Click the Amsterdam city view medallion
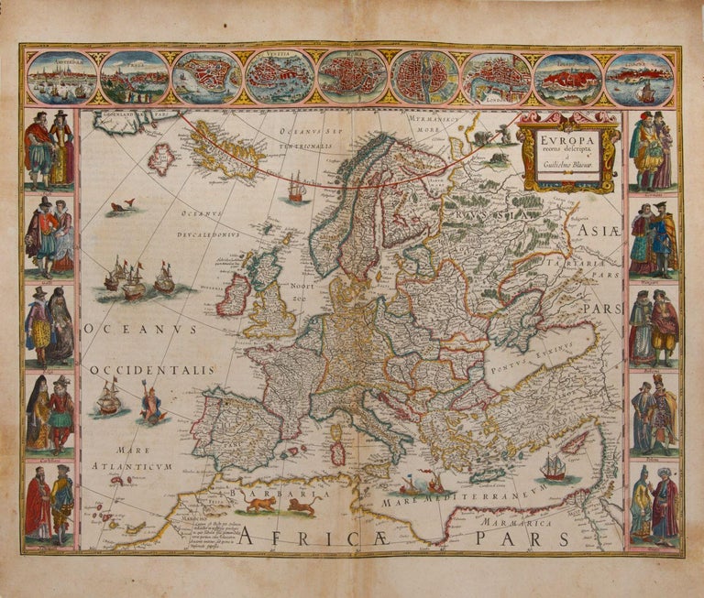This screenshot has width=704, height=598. point(61,77)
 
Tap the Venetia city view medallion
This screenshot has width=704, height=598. point(279,76)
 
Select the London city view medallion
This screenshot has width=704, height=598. point(495,77)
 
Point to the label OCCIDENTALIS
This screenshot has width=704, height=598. point(151,371)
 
